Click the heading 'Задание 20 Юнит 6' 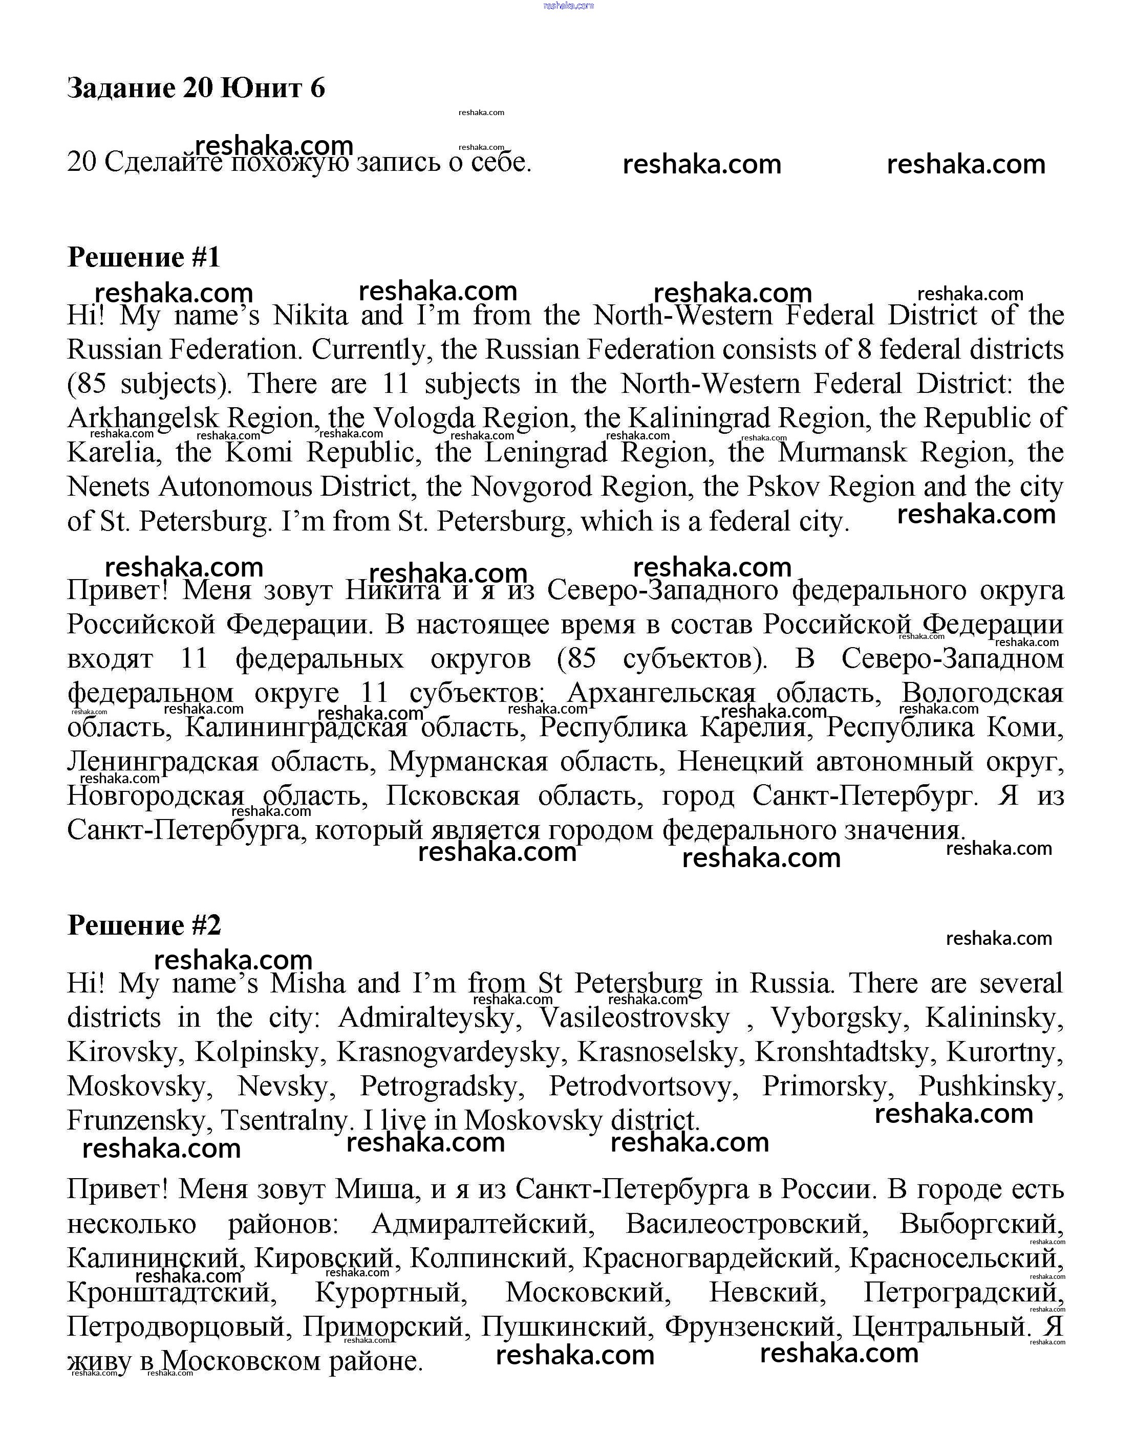tap(196, 88)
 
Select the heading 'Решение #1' tap(144, 257)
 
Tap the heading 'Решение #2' tap(144, 925)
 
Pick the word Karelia tap(111, 453)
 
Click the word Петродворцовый tap(176, 1328)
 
